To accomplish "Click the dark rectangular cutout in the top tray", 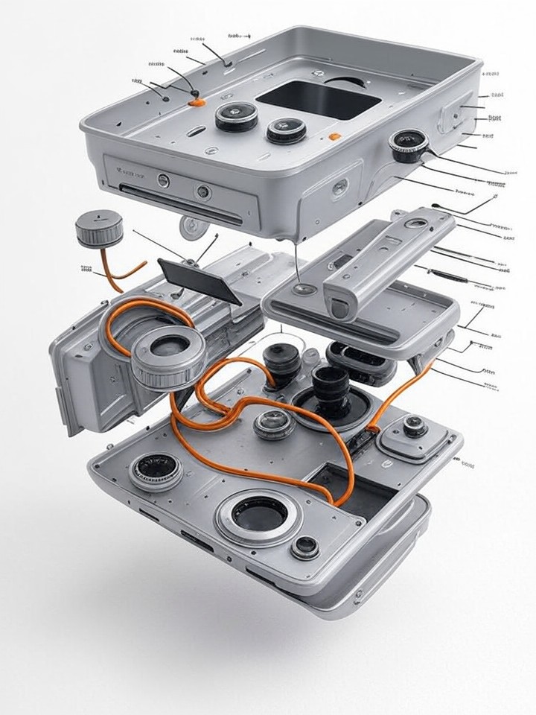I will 318,98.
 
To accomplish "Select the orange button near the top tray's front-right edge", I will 335,137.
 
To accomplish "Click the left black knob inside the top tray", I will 237,116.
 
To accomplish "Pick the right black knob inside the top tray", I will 287,130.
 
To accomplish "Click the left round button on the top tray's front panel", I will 163,180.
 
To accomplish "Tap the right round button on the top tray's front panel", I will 202,191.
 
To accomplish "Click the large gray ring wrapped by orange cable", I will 168,357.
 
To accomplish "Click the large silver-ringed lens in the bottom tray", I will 258,515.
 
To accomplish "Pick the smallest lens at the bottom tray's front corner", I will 305,547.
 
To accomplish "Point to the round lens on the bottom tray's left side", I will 156,471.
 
